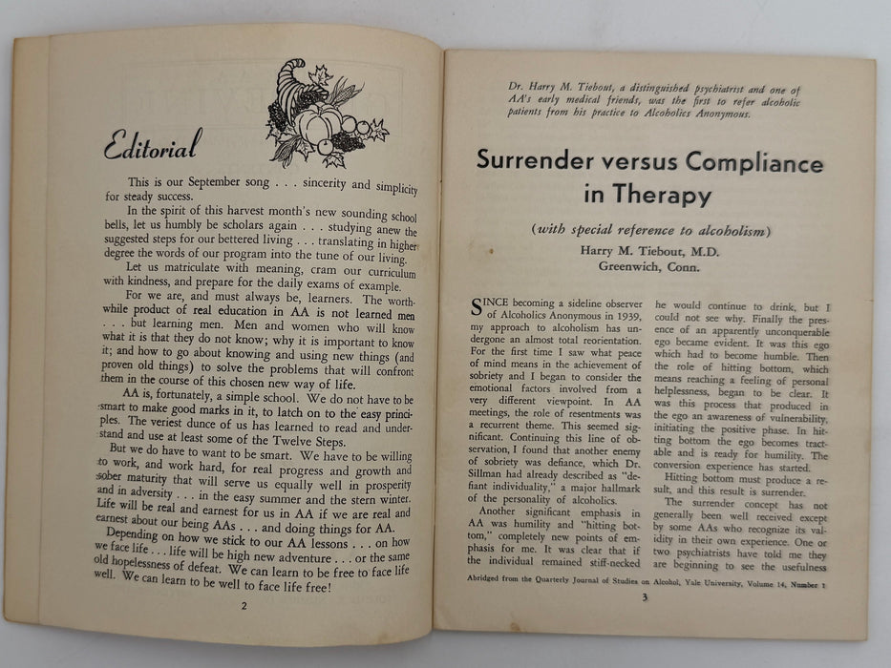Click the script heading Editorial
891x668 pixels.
pyautogui.click(x=152, y=146)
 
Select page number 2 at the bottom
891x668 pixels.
pyautogui.click(x=244, y=605)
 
